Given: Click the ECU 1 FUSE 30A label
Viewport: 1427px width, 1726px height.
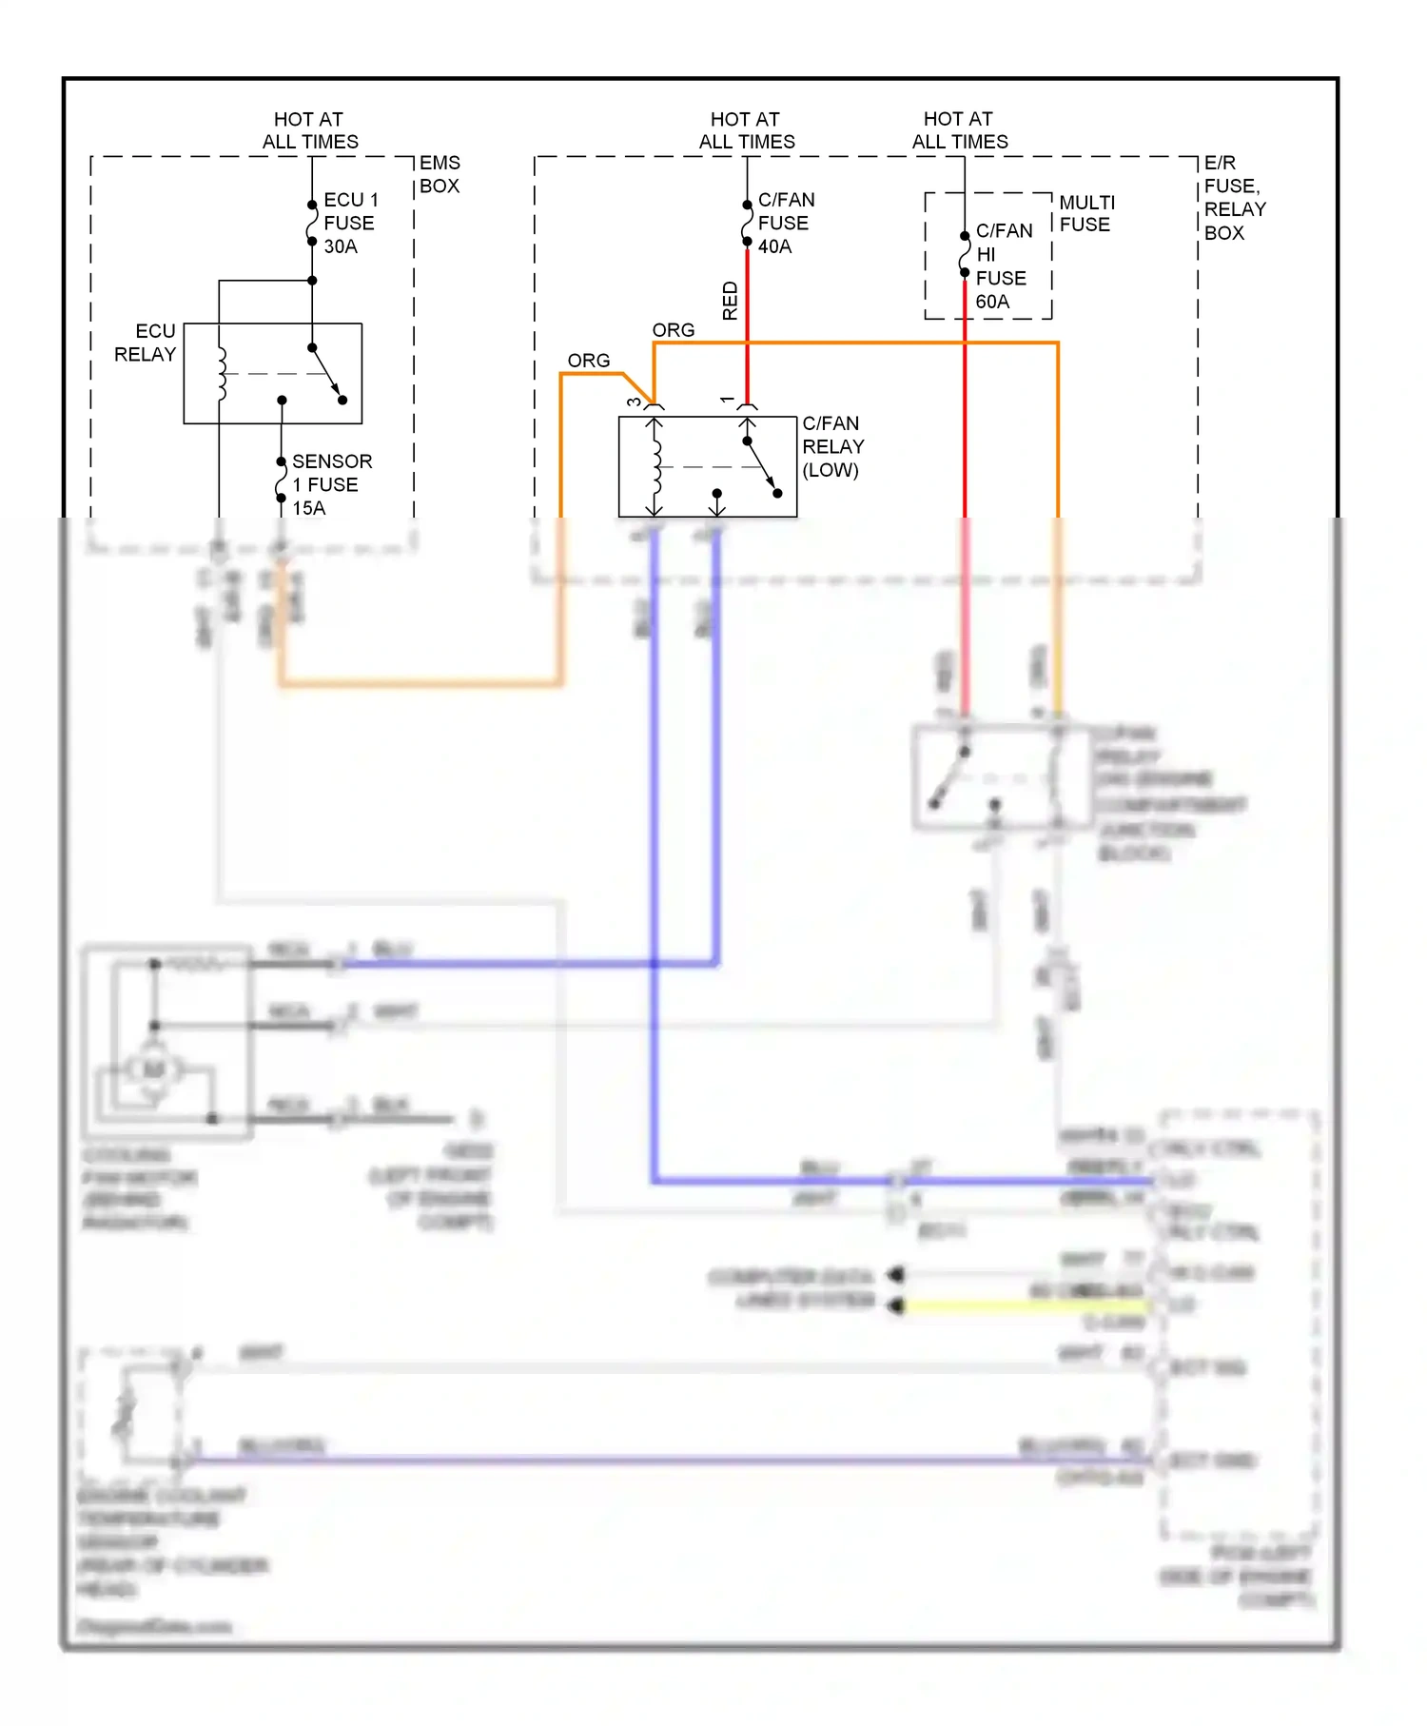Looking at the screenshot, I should [x=349, y=224].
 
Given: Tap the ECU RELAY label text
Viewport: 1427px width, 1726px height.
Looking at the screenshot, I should [x=146, y=343].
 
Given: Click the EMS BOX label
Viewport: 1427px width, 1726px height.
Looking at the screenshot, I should [x=440, y=174].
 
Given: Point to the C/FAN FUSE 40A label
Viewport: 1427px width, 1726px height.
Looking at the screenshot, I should [x=785, y=224].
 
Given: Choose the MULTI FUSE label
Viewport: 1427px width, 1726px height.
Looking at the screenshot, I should [x=1086, y=213].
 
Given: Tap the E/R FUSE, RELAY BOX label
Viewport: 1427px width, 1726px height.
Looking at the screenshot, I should [x=1234, y=198].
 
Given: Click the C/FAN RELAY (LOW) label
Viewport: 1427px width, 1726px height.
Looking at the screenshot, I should [x=832, y=446].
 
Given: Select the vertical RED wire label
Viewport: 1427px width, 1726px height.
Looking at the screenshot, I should [x=730, y=301].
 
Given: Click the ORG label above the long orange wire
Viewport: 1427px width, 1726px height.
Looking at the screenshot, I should [x=674, y=330].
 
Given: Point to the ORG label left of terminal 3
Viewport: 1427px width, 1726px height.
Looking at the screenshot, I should [x=588, y=361].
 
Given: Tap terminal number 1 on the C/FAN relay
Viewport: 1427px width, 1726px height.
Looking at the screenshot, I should [x=728, y=401].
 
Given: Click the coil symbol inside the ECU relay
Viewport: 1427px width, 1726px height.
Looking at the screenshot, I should [x=222, y=373].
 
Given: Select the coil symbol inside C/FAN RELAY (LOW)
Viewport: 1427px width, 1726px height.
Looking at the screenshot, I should [x=656, y=466].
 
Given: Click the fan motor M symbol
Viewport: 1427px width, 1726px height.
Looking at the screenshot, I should [x=154, y=1069].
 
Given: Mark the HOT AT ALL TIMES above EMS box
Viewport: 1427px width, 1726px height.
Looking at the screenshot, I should [x=310, y=130].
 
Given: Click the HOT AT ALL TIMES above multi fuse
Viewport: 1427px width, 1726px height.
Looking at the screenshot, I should [x=959, y=130].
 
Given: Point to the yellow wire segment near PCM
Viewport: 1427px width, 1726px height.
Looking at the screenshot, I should [x=1027, y=1306].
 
